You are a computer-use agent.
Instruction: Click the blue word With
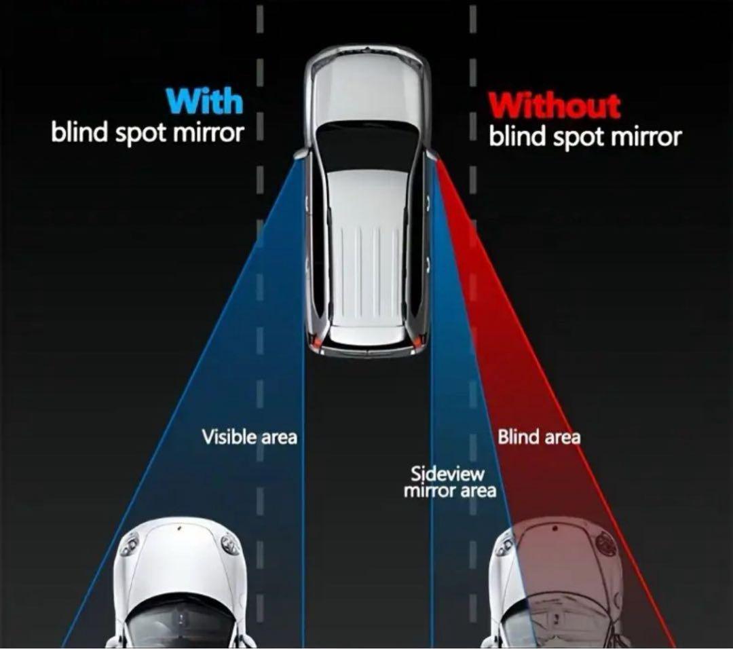click(x=204, y=102)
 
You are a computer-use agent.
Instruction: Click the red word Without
click(x=555, y=106)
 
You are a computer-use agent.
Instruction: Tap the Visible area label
click(x=249, y=437)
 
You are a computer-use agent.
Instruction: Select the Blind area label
click(x=539, y=437)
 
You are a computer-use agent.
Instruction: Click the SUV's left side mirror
click(x=301, y=155)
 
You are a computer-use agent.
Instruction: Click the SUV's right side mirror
click(x=432, y=155)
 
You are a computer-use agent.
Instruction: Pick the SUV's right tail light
click(x=419, y=339)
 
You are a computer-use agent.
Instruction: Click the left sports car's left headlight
click(x=129, y=544)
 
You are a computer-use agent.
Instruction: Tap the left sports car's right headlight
click(x=230, y=544)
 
